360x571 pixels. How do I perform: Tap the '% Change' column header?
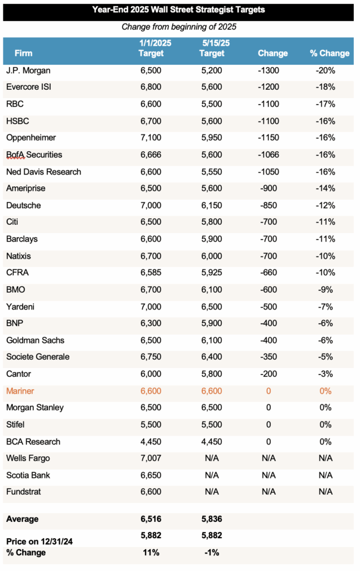(x=329, y=54)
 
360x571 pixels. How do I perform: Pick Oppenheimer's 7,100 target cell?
(x=151, y=138)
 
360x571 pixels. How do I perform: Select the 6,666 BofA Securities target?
(x=151, y=154)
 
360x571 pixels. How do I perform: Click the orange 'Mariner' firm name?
(x=20, y=391)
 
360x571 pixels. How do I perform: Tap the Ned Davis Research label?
(x=43, y=172)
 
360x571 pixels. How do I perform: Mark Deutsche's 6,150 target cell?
(x=212, y=205)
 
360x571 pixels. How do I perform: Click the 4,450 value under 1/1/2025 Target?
(x=151, y=442)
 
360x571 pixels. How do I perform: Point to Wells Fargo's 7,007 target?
(x=151, y=458)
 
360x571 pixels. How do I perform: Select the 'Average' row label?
(x=22, y=519)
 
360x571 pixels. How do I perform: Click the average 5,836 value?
(x=212, y=519)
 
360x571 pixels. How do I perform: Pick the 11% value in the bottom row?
(x=151, y=553)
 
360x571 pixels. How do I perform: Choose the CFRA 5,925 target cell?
(x=212, y=273)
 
